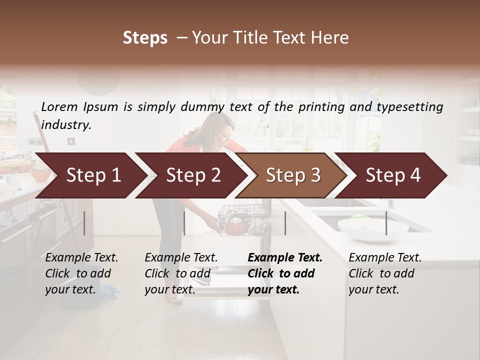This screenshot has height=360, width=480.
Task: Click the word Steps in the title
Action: tap(145, 38)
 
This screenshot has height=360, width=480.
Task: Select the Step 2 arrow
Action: tap(190, 175)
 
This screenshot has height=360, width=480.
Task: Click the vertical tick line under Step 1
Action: tap(84, 223)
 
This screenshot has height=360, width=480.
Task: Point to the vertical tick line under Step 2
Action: tap(184, 223)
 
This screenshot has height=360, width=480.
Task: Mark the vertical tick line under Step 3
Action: tap(285, 223)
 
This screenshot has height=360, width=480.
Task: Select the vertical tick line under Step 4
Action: tap(386, 223)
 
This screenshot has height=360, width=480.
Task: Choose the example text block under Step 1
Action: tap(81, 273)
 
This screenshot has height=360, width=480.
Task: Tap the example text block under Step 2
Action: tap(181, 273)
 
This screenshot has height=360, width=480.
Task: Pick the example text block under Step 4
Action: tap(385, 273)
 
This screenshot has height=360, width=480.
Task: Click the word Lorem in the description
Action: tap(59, 106)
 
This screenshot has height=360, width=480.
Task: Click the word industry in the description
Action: tap(65, 125)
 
